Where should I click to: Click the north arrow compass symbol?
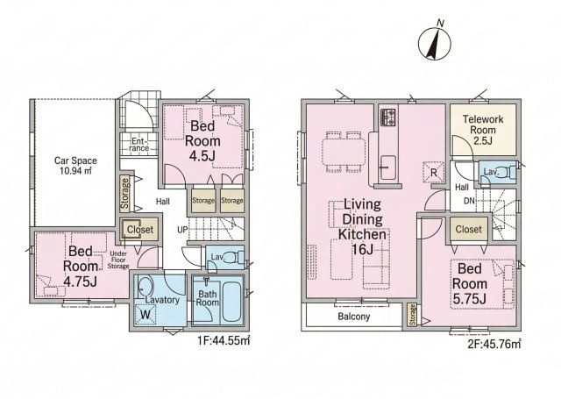[x=435, y=42]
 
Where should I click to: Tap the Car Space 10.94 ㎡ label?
[x=75, y=166]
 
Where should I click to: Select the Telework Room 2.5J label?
[x=483, y=130]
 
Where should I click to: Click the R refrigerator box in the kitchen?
[x=434, y=173]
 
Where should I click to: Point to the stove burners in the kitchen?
[x=388, y=118]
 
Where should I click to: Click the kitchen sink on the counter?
[x=387, y=167]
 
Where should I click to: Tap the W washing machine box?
[x=146, y=315]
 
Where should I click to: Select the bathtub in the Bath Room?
[x=232, y=302]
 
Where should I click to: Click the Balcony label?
[x=354, y=317]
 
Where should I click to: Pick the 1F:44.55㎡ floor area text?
[x=224, y=340]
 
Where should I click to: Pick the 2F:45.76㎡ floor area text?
[x=494, y=344]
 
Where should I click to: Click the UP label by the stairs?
[x=182, y=230]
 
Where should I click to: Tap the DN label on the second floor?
[x=469, y=201]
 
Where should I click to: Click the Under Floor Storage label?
[x=118, y=260]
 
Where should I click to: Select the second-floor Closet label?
[x=469, y=229]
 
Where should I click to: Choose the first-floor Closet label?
[x=140, y=230]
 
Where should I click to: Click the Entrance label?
[x=139, y=144]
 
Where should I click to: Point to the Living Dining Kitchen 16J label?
[x=362, y=226]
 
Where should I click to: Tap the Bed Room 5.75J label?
[x=470, y=283]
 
